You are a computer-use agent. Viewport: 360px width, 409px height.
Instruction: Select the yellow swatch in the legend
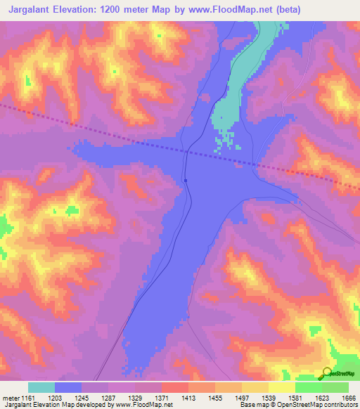[281, 387]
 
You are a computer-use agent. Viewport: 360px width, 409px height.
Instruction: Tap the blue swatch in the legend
[68, 387]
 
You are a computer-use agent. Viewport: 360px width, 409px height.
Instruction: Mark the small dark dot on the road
[185, 180]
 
